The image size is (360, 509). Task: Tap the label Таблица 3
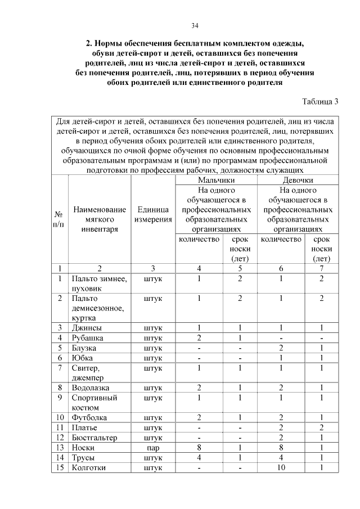click(x=320, y=102)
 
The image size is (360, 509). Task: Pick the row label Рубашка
click(x=88, y=337)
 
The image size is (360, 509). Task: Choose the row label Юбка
click(x=83, y=358)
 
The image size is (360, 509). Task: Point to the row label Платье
click(x=85, y=428)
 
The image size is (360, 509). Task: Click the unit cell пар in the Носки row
click(x=153, y=448)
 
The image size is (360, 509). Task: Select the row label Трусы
click(x=84, y=458)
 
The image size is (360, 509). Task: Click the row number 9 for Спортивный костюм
click(x=60, y=398)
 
